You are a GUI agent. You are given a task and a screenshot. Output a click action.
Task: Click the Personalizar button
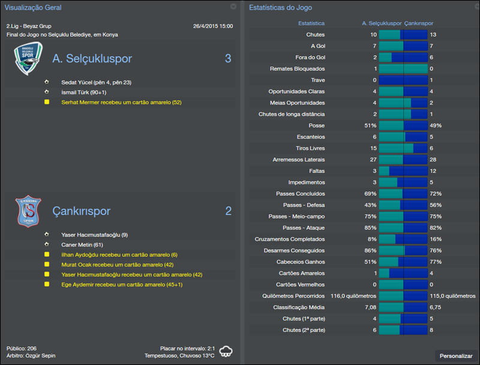[x=456, y=356]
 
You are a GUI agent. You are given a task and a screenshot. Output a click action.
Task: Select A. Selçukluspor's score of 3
[x=228, y=59]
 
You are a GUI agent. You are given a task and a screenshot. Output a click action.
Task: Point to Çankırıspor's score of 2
[x=228, y=211]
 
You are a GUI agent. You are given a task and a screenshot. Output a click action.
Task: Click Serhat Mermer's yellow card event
[x=121, y=103]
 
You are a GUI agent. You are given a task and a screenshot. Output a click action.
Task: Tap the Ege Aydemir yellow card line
[x=122, y=285]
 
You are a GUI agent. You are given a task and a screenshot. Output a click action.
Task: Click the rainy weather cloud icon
[x=226, y=351]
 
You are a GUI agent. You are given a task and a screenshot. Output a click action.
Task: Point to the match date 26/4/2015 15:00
[x=213, y=26]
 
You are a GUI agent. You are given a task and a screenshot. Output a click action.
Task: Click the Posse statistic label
[x=316, y=125]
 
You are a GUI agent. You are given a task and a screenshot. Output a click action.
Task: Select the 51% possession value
[x=370, y=125]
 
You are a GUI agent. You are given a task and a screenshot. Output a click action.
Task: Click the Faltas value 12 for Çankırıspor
[x=433, y=171]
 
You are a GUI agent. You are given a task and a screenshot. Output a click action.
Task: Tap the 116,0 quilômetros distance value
[x=353, y=296]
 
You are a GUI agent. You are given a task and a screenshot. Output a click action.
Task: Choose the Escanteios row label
[x=310, y=137]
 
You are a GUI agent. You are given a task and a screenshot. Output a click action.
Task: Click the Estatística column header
[x=311, y=23]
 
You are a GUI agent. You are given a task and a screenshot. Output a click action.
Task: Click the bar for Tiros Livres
[x=403, y=148]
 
